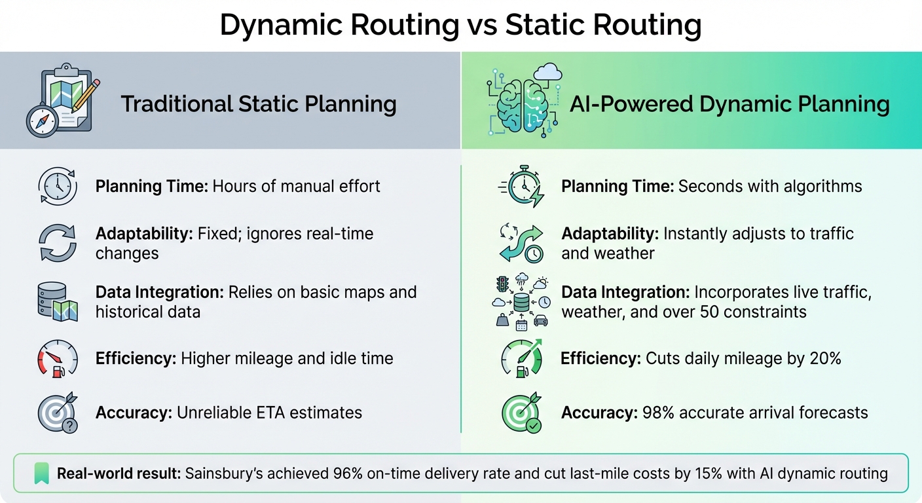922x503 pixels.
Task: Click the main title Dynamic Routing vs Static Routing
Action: pos(460,26)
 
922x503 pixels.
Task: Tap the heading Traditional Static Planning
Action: pos(259,104)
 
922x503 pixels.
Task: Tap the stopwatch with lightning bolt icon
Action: pos(521,186)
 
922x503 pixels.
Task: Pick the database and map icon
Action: pos(58,301)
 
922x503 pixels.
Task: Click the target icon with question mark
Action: pos(58,413)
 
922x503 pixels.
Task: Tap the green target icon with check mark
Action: pos(521,413)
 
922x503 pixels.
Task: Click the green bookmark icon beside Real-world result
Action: pos(42,474)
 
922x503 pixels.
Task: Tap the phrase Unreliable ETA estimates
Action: pos(271,413)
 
